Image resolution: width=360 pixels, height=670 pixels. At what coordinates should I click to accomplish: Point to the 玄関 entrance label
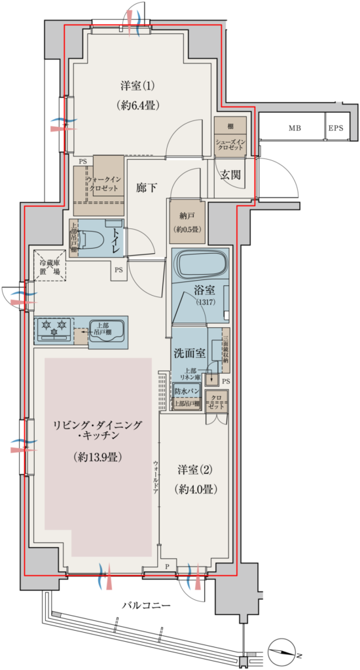(230, 175)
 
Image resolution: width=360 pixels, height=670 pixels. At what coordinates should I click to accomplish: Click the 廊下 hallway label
(147, 186)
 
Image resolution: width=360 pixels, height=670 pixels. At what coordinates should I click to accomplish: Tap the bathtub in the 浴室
(202, 264)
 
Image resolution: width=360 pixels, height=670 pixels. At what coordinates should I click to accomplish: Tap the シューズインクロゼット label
(230, 144)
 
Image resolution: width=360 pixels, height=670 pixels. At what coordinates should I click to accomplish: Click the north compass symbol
(283, 649)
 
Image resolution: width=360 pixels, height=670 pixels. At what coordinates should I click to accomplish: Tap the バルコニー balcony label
(147, 606)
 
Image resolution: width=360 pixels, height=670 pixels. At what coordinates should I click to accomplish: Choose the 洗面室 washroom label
(189, 353)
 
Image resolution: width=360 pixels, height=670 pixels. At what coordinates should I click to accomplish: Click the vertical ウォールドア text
(155, 476)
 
